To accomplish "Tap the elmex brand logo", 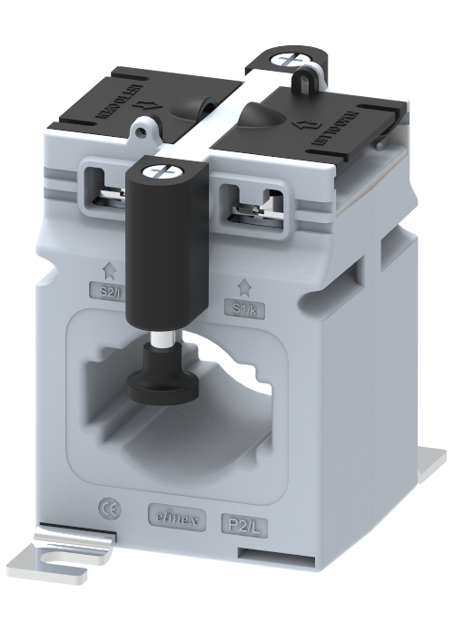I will (x=176, y=519).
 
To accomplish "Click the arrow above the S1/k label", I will (x=242, y=286).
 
